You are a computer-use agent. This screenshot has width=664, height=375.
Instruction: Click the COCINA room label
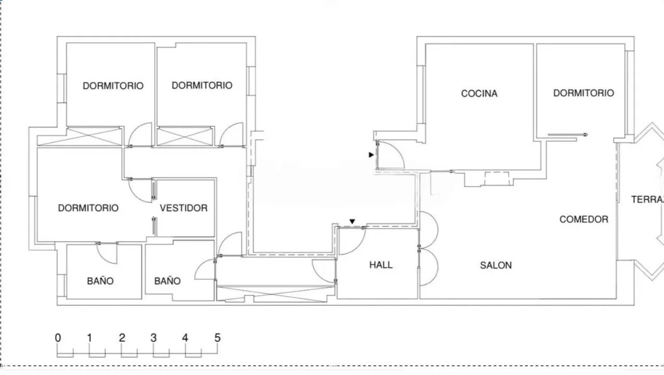(x=479, y=93)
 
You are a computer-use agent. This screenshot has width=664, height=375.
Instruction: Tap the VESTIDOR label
(x=184, y=208)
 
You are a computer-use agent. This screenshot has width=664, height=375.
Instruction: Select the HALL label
(x=381, y=265)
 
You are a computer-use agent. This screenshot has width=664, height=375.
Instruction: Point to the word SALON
(x=495, y=265)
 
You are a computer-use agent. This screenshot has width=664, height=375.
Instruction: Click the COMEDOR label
(x=584, y=219)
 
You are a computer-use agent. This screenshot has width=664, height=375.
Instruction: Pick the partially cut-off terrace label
(x=647, y=199)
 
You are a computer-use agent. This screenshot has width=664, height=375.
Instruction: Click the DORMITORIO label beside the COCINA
(x=584, y=93)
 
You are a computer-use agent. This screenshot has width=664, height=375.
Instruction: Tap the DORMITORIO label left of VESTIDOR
(x=88, y=208)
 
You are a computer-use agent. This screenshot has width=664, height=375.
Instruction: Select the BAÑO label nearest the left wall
(x=100, y=280)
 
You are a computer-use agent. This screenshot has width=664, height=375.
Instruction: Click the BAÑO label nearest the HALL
(x=167, y=280)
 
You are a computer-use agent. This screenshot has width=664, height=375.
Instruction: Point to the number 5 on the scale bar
(x=217, y=338)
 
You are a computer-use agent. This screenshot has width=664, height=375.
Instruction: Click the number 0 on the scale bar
(x=58, y=338)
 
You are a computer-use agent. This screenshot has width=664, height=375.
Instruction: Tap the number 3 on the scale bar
(x=153, y=338)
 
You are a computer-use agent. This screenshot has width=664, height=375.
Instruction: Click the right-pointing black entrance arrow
(x=371, y=155)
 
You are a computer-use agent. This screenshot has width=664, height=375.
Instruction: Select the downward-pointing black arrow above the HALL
(x=352, y=221)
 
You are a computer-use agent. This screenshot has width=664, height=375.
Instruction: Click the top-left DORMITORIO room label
(x=113, y=86)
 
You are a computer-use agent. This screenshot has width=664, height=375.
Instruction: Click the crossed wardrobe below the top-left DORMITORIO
(x=80, y=137)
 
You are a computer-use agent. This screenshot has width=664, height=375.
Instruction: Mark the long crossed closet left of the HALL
(x=276, y=294)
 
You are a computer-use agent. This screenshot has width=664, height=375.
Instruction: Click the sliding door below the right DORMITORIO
(x=568, y=135)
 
